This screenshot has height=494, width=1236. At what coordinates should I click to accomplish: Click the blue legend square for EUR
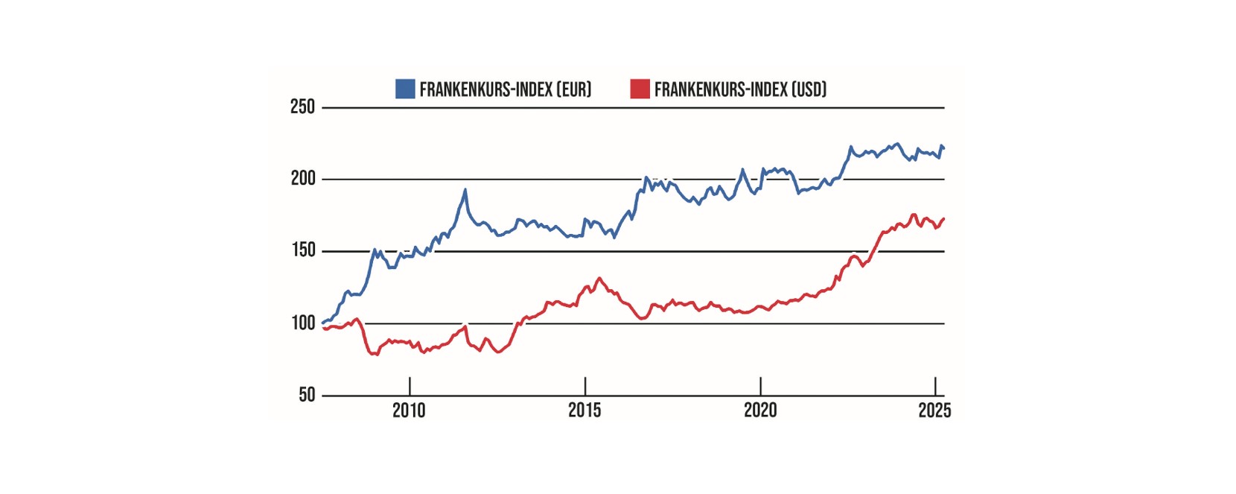click(x=405, y=89)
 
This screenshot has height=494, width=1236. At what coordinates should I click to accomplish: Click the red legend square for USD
click(x=640, y=89)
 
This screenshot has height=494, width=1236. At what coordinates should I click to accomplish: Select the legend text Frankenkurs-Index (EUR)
click(x=506, y=89)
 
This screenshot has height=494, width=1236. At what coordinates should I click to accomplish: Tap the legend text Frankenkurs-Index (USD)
click(x=740, y=89)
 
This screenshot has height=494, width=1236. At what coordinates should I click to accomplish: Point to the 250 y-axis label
click(x=303, y=107)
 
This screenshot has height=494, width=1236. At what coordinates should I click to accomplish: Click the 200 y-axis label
click(x=303, y=179)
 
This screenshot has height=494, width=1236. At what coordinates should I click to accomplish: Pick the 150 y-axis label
click(x=303, y=251)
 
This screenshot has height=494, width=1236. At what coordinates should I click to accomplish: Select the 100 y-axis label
click(x=303, y=323)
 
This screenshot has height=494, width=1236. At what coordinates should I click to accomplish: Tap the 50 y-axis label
click(x=307, y=395)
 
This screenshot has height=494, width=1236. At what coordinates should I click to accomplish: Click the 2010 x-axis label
click(x=409, y=411)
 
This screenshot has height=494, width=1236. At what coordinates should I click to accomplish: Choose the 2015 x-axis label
click(x=584, y=411)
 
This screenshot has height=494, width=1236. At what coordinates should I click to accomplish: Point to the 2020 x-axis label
click(x=760, y=411)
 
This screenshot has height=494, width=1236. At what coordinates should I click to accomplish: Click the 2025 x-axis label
click(x=934, y=411)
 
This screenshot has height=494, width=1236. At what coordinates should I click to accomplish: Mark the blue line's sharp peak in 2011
click(x=465, y=189)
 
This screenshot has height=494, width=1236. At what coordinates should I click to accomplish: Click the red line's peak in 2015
click(x=599, y=279)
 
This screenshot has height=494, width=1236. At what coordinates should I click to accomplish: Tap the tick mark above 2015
click(x=585, y=387)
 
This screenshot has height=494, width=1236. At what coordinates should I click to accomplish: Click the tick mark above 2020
click(x=760, y=387)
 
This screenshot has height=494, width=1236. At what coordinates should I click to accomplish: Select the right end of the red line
click(x=943, y=218)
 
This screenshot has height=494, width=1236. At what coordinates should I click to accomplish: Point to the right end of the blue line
click(x=943, y=148)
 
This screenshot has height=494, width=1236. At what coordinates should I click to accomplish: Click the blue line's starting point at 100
click(x=323, y=323)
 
